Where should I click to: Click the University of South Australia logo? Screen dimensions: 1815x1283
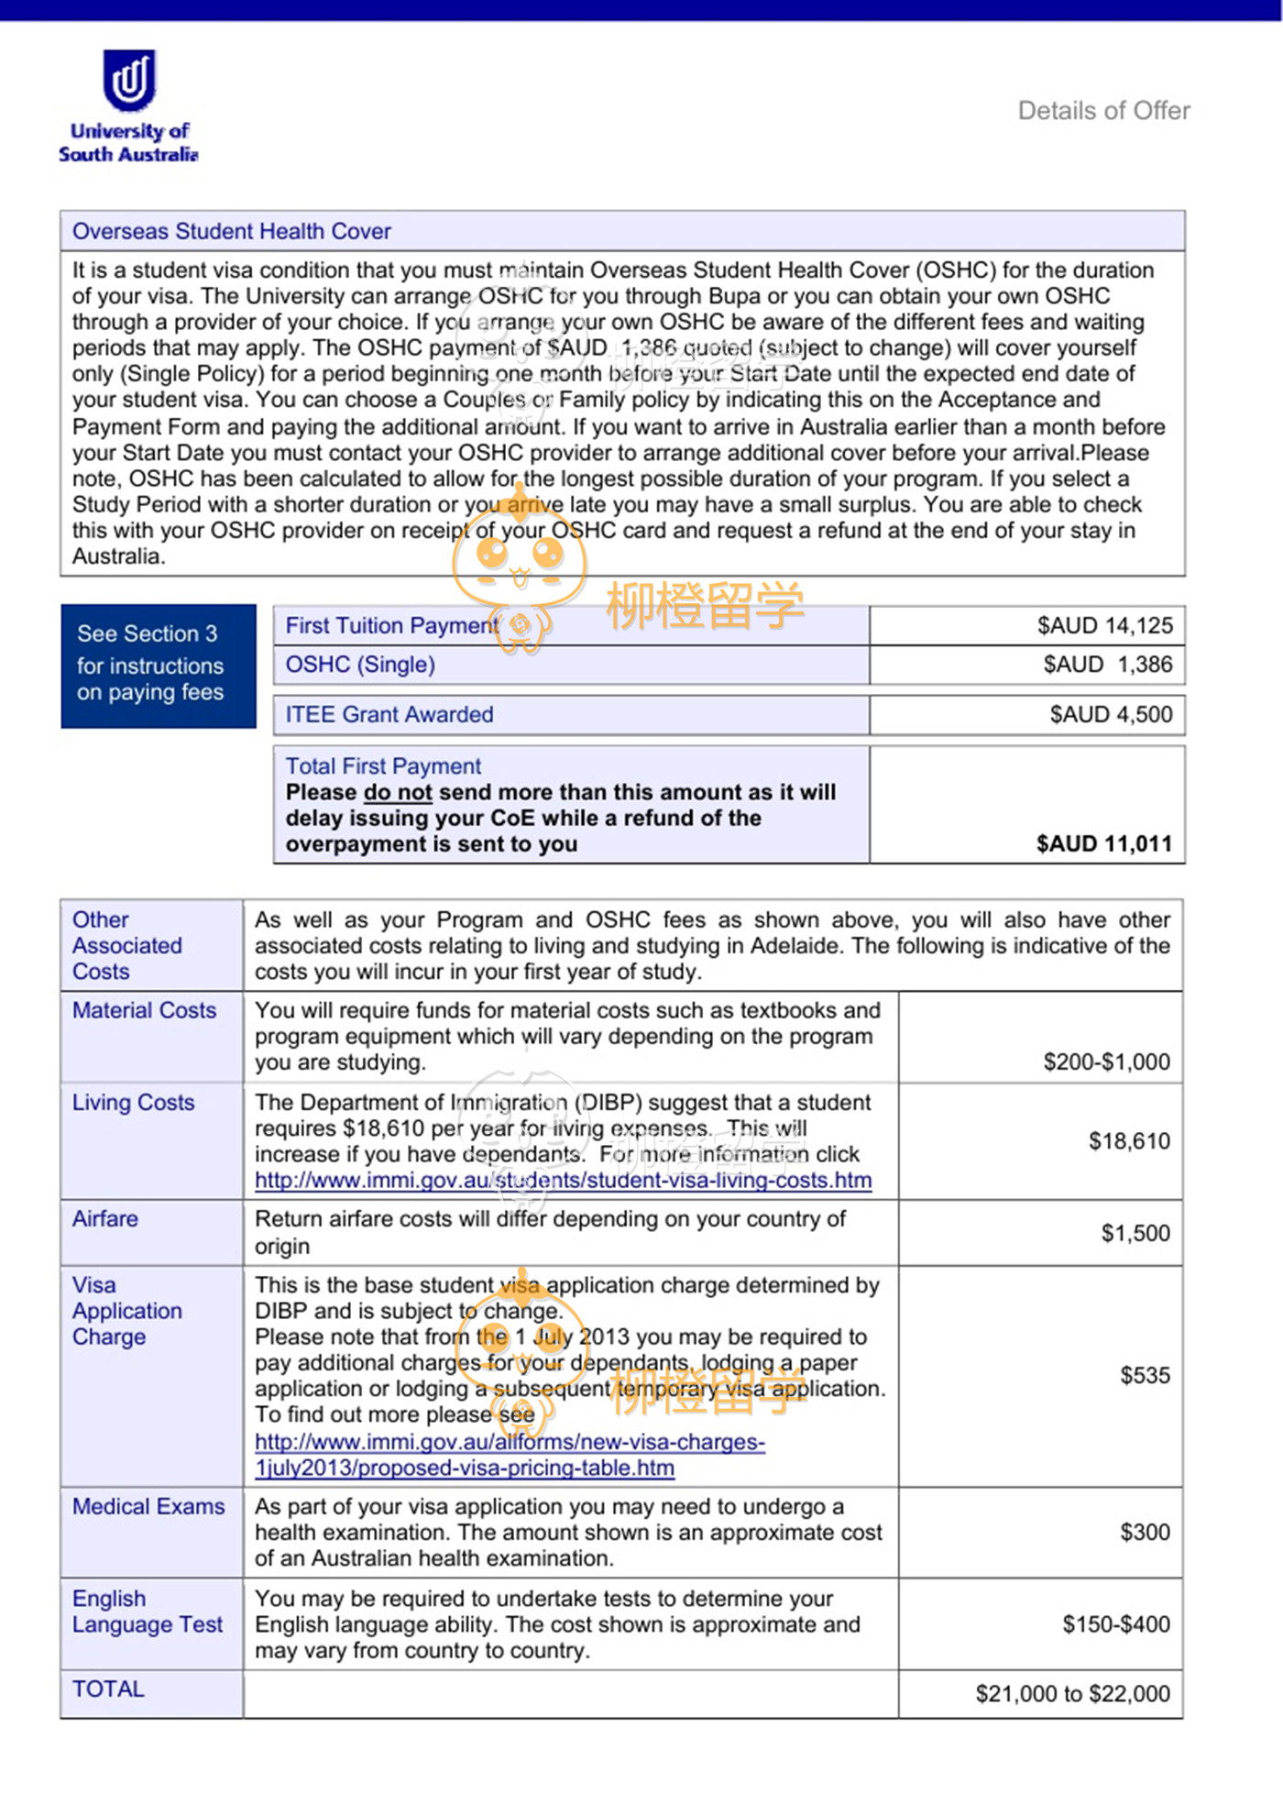pos(128,105)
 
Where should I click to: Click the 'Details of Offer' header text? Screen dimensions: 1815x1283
pos(1103,111)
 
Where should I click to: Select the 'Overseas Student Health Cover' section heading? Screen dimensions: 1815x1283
pos(232,231)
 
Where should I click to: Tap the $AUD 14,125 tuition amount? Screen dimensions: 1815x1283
pos(1104,625)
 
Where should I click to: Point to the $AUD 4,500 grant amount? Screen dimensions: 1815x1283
pos(1111,714)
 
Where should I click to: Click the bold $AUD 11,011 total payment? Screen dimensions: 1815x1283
pos(1103,843)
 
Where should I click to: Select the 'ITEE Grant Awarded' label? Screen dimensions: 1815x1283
pos(389,714)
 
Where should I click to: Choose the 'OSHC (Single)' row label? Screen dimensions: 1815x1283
pos(360,665)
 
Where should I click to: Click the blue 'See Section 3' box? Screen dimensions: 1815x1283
pos(158,665)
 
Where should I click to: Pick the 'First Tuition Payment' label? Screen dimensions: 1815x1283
pos(391,625)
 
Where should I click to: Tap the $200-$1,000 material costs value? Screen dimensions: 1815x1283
pos(1106,1061)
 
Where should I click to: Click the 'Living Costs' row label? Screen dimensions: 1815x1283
pos(134,1102)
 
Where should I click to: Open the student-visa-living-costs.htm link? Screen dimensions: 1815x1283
pos(563,1181)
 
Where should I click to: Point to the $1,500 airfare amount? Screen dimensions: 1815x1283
pos(1135,1233)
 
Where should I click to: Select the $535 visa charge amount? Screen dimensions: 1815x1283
pos(1145,1375)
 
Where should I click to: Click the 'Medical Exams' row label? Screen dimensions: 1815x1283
pos(148,1506)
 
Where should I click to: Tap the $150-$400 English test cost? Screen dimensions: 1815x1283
pos(1115,1624)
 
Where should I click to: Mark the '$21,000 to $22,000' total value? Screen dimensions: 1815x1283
pos(1072,1693)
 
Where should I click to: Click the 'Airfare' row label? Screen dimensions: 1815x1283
pos(105,1218)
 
